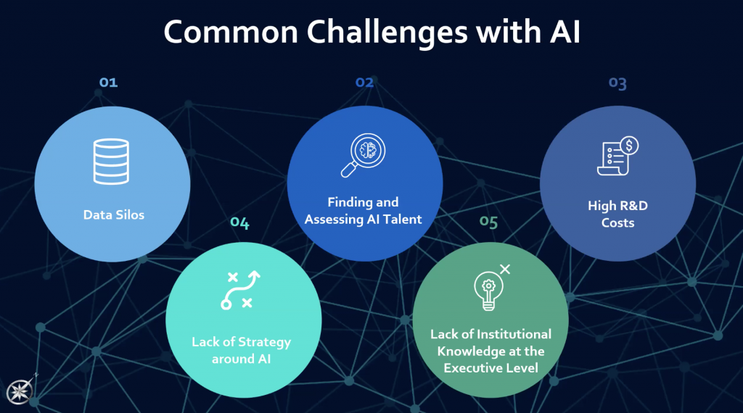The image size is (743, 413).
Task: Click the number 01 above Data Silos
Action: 108,83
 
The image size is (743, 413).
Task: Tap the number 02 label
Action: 364,83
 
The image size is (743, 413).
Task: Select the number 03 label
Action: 617,83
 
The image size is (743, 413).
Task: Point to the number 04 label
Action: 239,223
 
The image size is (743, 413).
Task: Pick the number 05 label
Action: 489,222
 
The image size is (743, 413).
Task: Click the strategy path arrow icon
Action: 240,291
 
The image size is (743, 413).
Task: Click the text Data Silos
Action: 113,214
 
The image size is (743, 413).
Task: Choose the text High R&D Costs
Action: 617,214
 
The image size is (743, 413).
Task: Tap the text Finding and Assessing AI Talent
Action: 364,211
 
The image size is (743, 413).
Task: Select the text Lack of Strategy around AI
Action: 241,349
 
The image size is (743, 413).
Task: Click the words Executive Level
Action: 490,368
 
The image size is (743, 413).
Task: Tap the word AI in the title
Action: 562,33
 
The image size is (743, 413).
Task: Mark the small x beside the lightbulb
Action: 505,269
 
